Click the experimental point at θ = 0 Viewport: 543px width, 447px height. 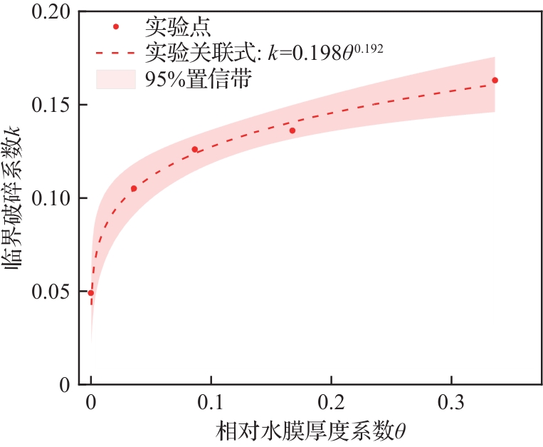click(x=91, y=292)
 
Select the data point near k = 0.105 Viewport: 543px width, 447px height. click(x=134, y=188)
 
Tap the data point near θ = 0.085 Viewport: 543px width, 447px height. click(x=194, y=149)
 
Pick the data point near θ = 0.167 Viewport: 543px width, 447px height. click(x=292, y=130)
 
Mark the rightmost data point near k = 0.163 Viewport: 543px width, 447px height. click(x=495, y=80)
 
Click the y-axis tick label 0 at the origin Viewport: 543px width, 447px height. click(x=65, y=385)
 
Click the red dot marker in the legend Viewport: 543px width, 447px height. click(x=115, y=27)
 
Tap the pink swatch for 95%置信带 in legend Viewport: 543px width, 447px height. click(x=115, y=78)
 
